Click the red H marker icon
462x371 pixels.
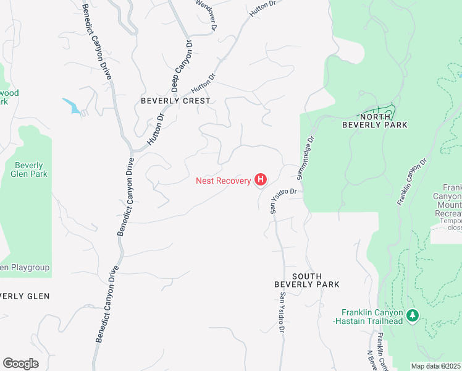(261, 180)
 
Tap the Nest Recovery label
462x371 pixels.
(224, 181)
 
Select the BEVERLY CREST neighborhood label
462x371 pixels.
(175, 101)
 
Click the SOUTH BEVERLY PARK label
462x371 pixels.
(307, 279)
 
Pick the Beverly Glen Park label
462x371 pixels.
(29, 170)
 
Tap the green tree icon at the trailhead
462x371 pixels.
(413, 316)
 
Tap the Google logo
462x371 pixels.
(20, 364)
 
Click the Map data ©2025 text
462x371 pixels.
(436, 366)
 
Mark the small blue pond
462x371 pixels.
(72, 106)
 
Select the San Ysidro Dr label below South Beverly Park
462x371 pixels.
(282, 313)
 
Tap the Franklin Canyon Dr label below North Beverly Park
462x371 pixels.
(412, 182)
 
